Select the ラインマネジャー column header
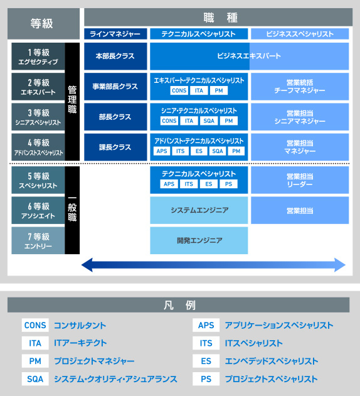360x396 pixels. click(x=115, y=34)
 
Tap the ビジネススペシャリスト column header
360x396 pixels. click(x=300, y=34)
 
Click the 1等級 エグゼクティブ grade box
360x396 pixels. click(x=38, y=56)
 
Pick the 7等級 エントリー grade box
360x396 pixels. click(x=38, y=240)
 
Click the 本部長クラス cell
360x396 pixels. click(x=115, y=56)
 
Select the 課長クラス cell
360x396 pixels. click(x=115, y=147)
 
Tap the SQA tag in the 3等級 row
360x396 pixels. click(x=209, y=120)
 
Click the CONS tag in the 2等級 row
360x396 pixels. click(x=179, y=90)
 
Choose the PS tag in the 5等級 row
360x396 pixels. click(x=228, y=184)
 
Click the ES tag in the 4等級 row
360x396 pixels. click(x=199, y=151)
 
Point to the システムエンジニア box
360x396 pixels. click(x=199, y=210)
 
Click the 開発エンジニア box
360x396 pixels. click(x=199, y=240)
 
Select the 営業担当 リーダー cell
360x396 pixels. click(x=300, y=180)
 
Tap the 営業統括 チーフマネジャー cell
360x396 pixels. click(x=300, y=87)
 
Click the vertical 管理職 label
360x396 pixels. click(x=72, y=100)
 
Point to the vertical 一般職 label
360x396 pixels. click(x=72, y=208)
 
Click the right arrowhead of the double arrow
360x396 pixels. click(x=340, y=265)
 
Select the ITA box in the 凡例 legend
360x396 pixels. click(x=35, y=343)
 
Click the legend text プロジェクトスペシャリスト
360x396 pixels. click(x=272, y=379)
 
